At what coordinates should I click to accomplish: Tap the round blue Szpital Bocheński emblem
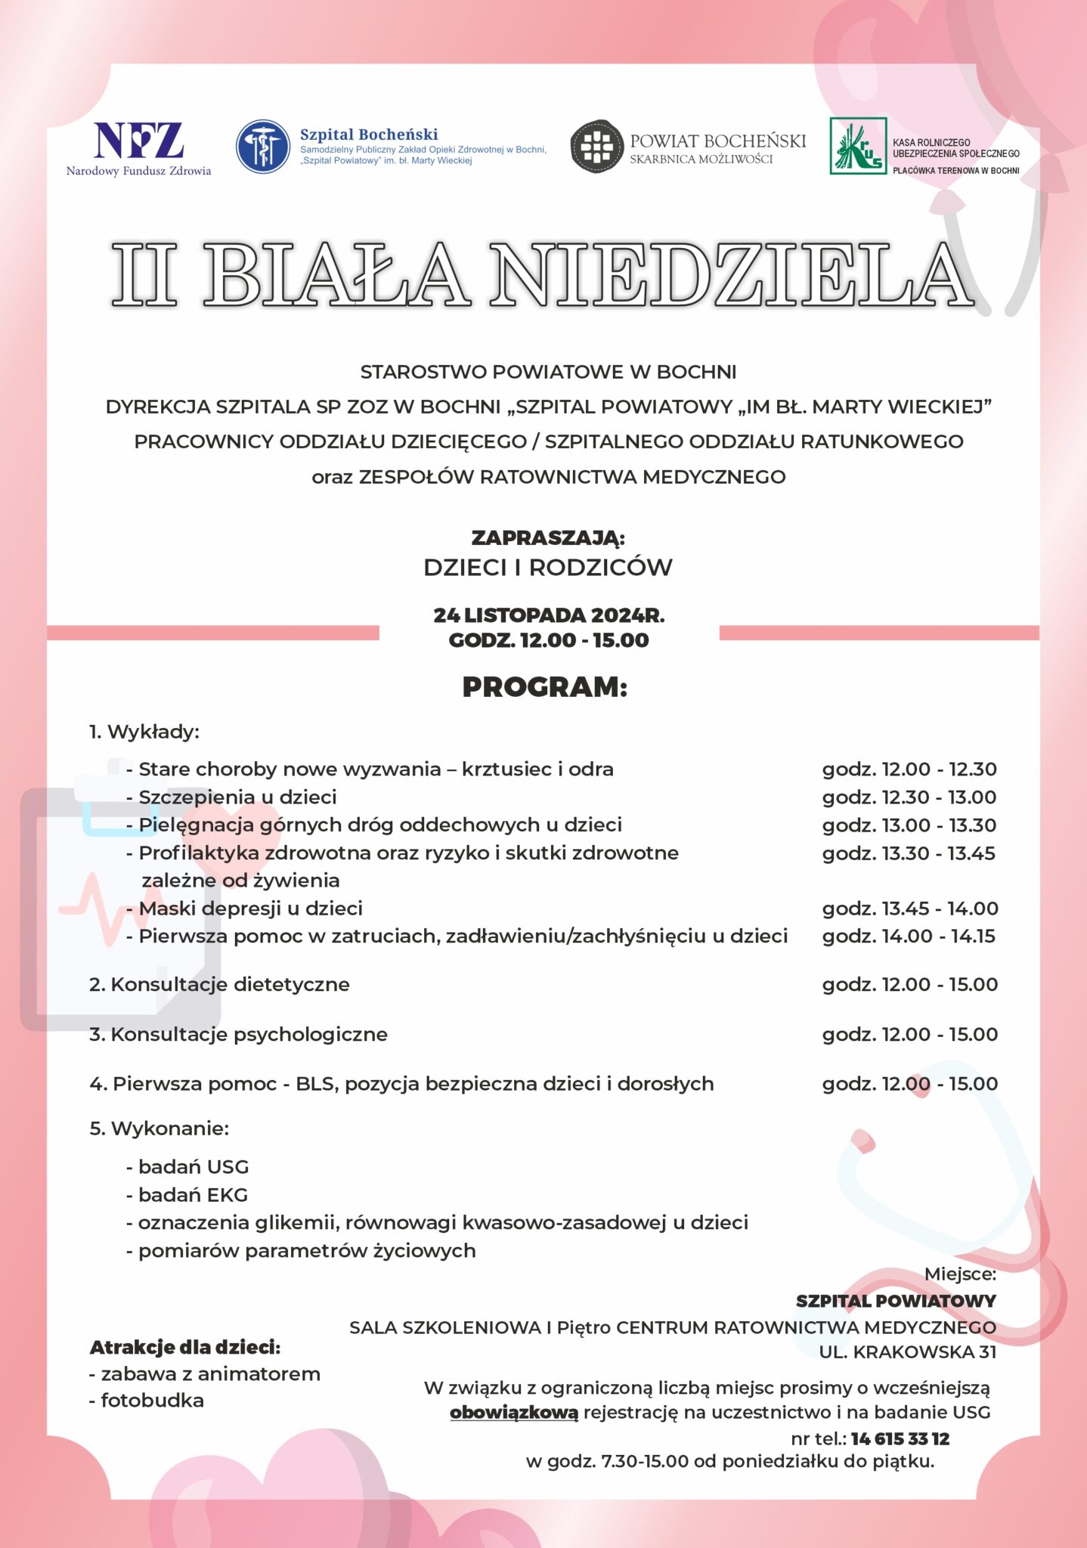point(263,147)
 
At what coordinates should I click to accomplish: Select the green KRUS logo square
point(858,147)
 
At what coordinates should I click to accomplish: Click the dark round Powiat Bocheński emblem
point(596,147)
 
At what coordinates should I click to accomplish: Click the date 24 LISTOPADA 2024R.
point(549,615)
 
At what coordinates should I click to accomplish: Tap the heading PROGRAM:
point(545,687)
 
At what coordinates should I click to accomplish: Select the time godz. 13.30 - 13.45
point(909,853)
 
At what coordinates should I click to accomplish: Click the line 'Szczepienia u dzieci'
point(237,797)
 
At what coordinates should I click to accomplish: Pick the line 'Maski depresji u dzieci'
point(250,909)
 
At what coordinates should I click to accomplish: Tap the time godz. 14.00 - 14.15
point(909,937)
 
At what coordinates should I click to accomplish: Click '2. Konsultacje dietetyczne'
point(219,985)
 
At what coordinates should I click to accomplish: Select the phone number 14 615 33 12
point(900,1439)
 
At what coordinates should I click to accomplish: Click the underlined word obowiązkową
point(514,1413)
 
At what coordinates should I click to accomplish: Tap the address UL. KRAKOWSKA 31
point(907,1352)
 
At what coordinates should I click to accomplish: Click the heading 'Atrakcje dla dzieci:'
point(185,1348)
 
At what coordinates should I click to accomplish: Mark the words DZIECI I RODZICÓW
point(548,568)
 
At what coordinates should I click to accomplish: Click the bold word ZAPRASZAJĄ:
point(548,538)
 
